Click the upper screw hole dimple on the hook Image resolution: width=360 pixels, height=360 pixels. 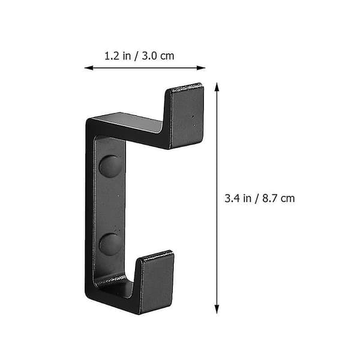(x=110, y=166)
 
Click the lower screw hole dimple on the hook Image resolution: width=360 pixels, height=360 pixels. (x=110, y=245)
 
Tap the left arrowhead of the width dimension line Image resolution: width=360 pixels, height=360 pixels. (x=89, y=68)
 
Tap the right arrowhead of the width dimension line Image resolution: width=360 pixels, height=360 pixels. (x=201, y=68)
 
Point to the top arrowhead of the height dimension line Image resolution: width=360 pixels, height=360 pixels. (x=217, y=87)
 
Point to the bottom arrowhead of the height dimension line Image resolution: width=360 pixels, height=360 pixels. (x=217, y=309)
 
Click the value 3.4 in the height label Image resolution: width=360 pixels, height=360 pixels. (x=232, y=199)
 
